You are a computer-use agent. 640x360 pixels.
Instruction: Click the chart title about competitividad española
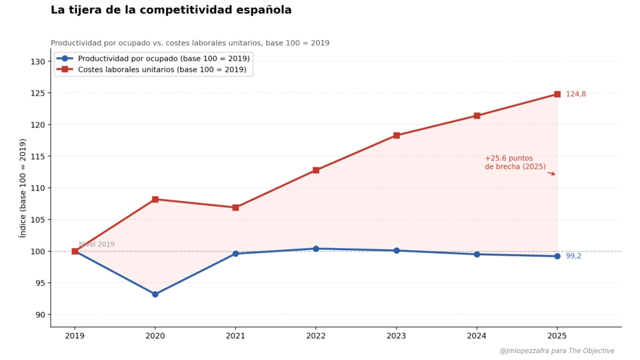tap(171, 10)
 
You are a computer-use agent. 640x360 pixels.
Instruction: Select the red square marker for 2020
tap(155, 199)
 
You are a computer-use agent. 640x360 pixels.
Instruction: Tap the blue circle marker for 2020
tap(155, 294)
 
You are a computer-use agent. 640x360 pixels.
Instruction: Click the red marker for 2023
tap(396, 135)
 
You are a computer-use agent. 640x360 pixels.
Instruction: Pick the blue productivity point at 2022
tap(316, 249)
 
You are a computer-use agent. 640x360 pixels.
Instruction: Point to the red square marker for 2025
tap(557, 94)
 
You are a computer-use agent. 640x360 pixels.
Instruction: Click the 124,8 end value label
tap(575, 94)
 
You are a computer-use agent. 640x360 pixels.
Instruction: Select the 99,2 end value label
tap(573, 256)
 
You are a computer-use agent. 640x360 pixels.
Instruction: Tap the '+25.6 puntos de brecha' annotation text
tap(515, 163)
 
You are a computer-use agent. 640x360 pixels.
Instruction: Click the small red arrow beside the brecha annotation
tap(551, 173)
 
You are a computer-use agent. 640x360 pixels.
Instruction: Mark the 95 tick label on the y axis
tap(39, 283)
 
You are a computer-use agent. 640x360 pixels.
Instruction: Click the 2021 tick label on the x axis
tap(235, 336)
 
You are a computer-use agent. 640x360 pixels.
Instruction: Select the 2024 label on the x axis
tap(477, 336)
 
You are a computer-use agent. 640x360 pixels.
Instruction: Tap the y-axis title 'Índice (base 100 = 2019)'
tap(23, 188)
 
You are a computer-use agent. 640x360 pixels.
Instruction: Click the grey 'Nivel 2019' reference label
tap(97, 245)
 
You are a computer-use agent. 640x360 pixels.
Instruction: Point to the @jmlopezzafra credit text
tap(557, 351)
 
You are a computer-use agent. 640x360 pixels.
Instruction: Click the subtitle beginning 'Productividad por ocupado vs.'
tap(190, 43)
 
